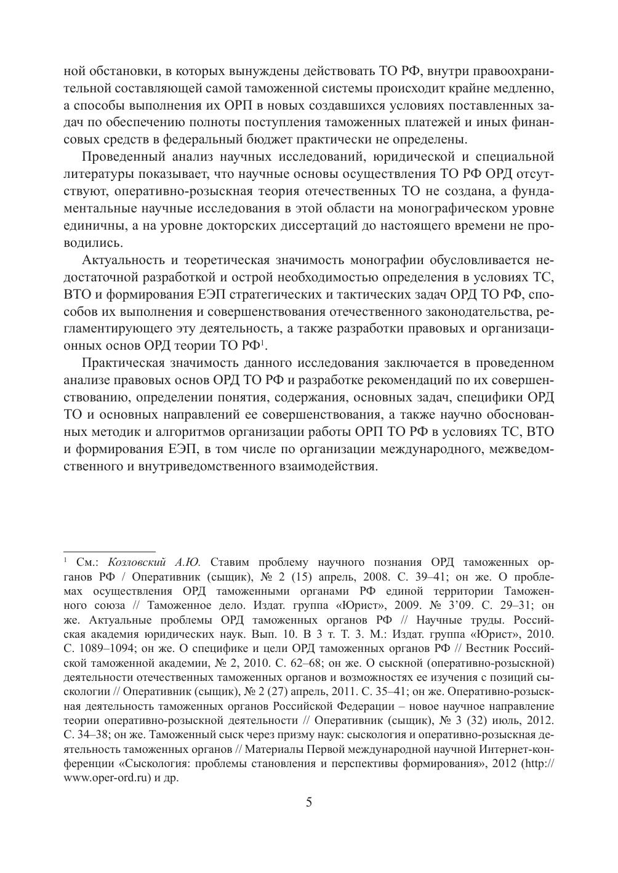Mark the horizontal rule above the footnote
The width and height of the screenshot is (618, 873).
110,552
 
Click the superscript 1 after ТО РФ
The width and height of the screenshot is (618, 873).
262,342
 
